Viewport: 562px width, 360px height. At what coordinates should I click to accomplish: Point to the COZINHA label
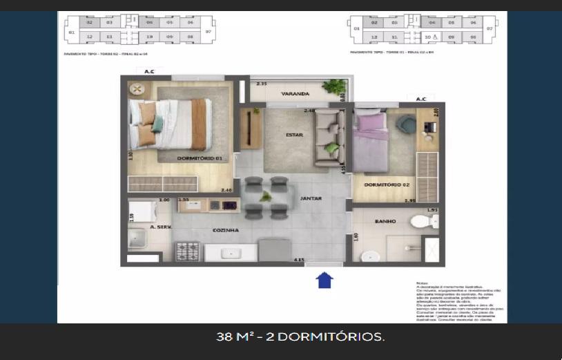click(x=225, y=230)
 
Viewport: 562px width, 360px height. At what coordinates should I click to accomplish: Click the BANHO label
click(x=385, y=222)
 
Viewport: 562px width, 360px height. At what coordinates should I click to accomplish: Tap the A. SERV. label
click(x=160, y=227)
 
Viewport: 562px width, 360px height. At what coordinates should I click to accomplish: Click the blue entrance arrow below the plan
click(x=324, y=279)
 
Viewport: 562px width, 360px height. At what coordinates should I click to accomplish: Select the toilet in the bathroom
click(x=420, y=221)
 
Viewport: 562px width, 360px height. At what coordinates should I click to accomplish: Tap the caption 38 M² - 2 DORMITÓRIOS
click(x=300, y=337)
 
